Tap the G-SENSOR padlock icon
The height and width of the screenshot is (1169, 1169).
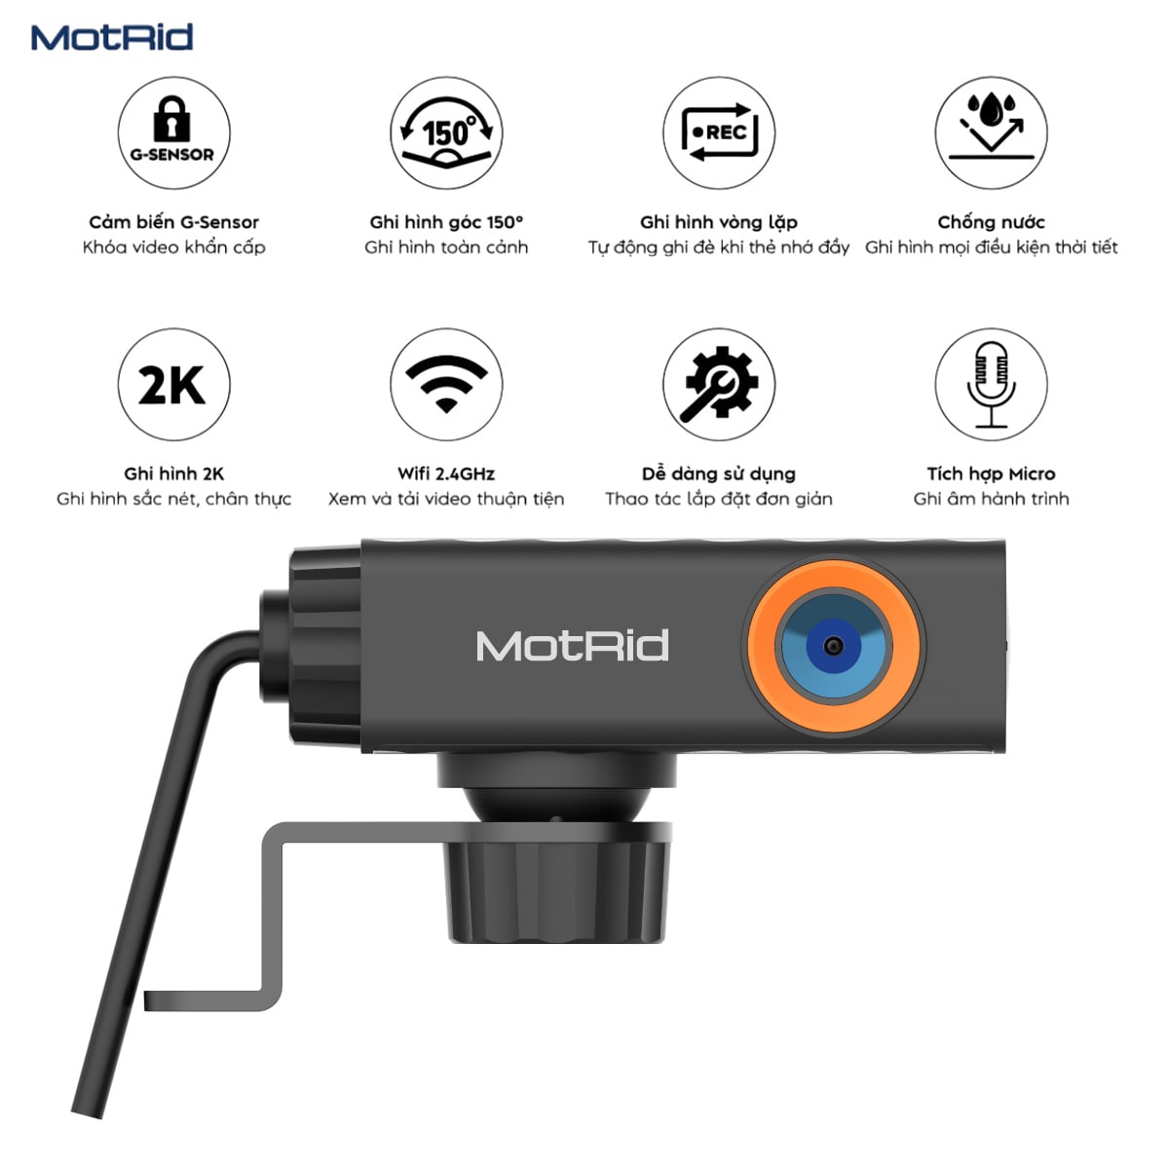pos(173,132)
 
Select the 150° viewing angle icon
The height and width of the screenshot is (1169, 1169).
pos(446,132)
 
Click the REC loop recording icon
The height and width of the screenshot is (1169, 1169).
pos(719,132)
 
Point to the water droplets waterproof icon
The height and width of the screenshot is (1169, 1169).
pos(991,132)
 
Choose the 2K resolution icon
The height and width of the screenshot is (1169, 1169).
pos(173,384)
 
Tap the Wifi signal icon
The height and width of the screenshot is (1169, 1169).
pos(446,384)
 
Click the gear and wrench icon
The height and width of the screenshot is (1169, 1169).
pos(719,384)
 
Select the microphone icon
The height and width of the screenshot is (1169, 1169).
pos(991,384)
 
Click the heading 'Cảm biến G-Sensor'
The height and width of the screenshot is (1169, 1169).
pos(173,222)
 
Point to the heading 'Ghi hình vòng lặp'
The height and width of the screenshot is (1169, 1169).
pos(719,223)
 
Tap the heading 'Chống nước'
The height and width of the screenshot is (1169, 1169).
pos(991,222)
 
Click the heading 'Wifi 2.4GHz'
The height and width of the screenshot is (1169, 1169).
pos(446,473)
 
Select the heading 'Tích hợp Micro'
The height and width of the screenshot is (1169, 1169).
pos(991,473)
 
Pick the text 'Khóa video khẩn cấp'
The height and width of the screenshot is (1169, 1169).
pos(173,247)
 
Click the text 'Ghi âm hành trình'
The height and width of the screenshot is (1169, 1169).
pos(991,499)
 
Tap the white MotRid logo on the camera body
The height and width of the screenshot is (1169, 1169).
pos(572,645)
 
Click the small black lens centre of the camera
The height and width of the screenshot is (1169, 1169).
pos(834,645)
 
